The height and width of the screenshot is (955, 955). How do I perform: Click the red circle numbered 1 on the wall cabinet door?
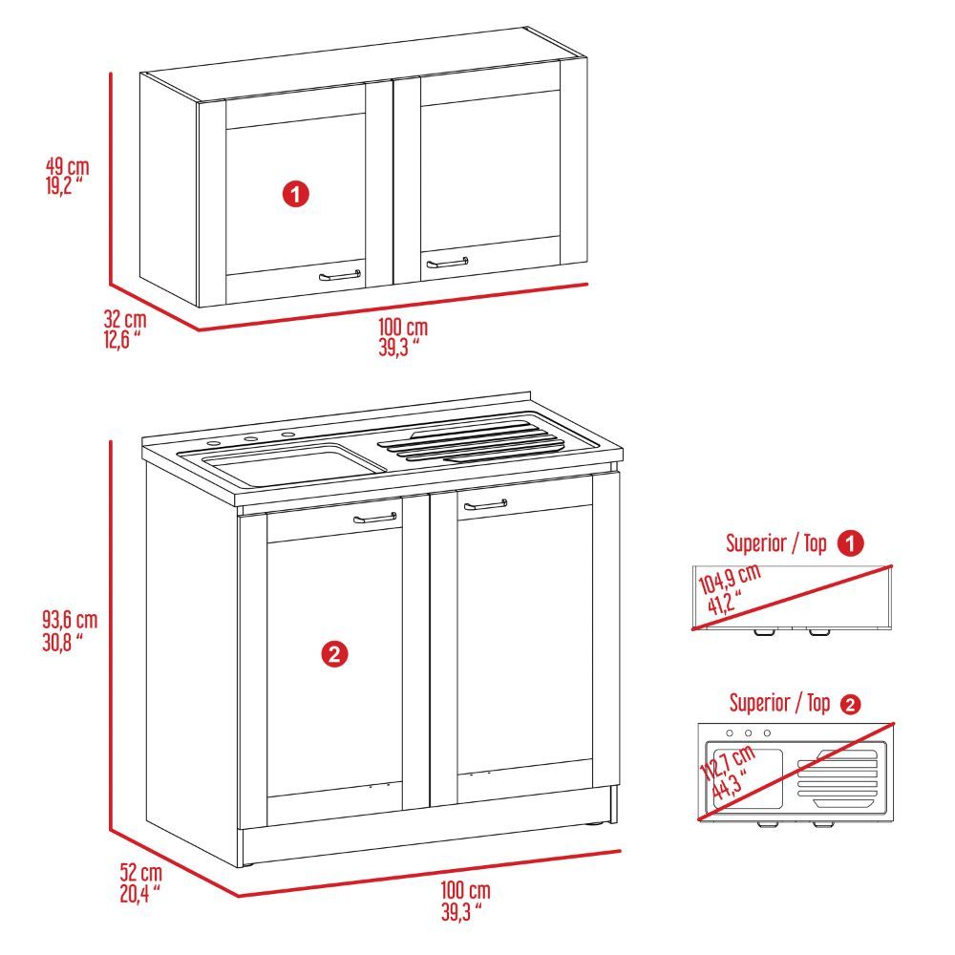click(x=296, y=195)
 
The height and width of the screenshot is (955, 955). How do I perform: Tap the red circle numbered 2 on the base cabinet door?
click(x=333, y=654)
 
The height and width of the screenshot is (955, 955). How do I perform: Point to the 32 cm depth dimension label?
click(x=125, y=329)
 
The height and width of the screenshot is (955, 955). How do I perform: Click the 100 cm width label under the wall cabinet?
click(x=402, y=337)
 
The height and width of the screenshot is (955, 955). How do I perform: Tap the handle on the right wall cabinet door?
click(x=447, y=261)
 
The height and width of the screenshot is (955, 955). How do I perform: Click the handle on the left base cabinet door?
click(x=374, y=519)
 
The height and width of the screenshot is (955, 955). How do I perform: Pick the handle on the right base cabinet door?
click(x=485, y=505)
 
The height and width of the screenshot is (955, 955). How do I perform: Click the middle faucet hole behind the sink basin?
click(x=250, y=439)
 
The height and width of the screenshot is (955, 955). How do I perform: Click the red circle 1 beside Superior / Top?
click(x=850, y=543)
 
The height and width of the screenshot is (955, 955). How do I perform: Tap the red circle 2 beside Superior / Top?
click(x=849, y=705)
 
